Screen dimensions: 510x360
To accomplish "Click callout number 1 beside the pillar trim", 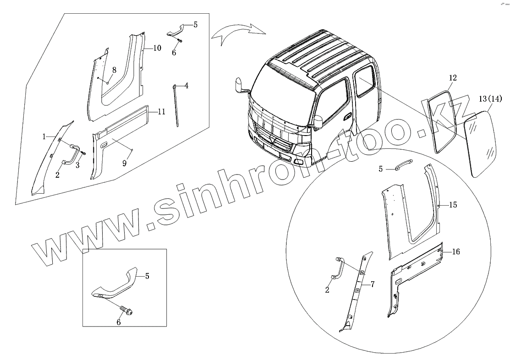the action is pyautogui.click(x=44, y=137).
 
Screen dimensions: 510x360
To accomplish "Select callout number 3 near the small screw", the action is pyautogui.click(x=78, y=165).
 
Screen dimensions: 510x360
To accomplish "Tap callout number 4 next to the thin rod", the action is pyautogui.click(x=187, y=85).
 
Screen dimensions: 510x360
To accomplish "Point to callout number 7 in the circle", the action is pyautogui.click(x=373, y=285).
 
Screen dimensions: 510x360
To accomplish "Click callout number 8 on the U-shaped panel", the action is pyautogui.click(x=114, y=70).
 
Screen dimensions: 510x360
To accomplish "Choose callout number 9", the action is pyautogui.click(x=125, y=162).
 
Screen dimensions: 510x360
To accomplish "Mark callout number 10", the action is pyautogui.click(x=157, y=48).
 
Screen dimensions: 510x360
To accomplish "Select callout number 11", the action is pyautogui.click(x=161, y=111).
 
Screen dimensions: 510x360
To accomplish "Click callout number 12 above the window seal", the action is pyautogui.click(x=452, y=78).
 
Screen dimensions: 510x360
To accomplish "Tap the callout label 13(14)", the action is pyautogui.click(x=490, y=99).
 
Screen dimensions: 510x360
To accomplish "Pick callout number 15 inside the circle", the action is pyautogui.click(x=453, y=205).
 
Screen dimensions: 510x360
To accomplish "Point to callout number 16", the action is pyautogui.click(x=455, y=251).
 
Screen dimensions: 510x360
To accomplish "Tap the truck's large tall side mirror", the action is pyautogui.click(x=239, y=85).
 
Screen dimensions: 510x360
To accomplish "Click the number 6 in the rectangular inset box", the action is pyautogui.click(x=119, y=322).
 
